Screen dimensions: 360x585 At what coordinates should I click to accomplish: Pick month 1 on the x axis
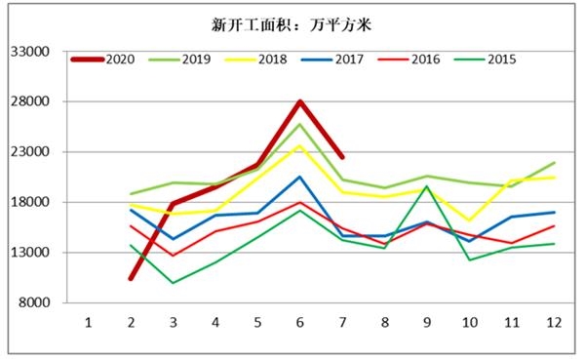(89, 321)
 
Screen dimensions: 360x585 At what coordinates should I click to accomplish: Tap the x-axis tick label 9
(427, 321)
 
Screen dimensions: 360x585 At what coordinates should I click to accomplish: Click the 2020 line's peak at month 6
(300, 101)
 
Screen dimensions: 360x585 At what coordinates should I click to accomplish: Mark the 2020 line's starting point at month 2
(131, 278)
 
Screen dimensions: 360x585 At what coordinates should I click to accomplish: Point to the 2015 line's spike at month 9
(427, 186)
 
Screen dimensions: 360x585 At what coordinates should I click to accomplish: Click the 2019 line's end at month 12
(554, 163)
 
